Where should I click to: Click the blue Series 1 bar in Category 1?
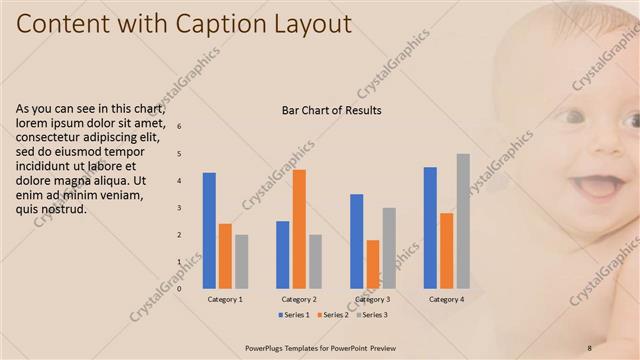point(209,230)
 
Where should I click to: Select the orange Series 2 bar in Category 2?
point(299,229)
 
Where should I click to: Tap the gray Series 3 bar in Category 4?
point(463,221)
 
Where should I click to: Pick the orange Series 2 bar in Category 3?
point(373,264)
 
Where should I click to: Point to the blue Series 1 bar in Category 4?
point(430,227)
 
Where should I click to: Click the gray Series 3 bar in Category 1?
point(241,261)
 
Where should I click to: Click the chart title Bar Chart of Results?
point(332,110)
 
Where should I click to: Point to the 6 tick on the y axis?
point(180,127)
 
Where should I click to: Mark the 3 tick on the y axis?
point(180,208)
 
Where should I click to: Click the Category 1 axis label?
point(225,299)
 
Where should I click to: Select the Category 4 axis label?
point(446,299)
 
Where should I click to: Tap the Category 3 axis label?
point(372,299)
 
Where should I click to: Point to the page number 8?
point(590,347)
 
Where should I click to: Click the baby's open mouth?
point(599,187)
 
